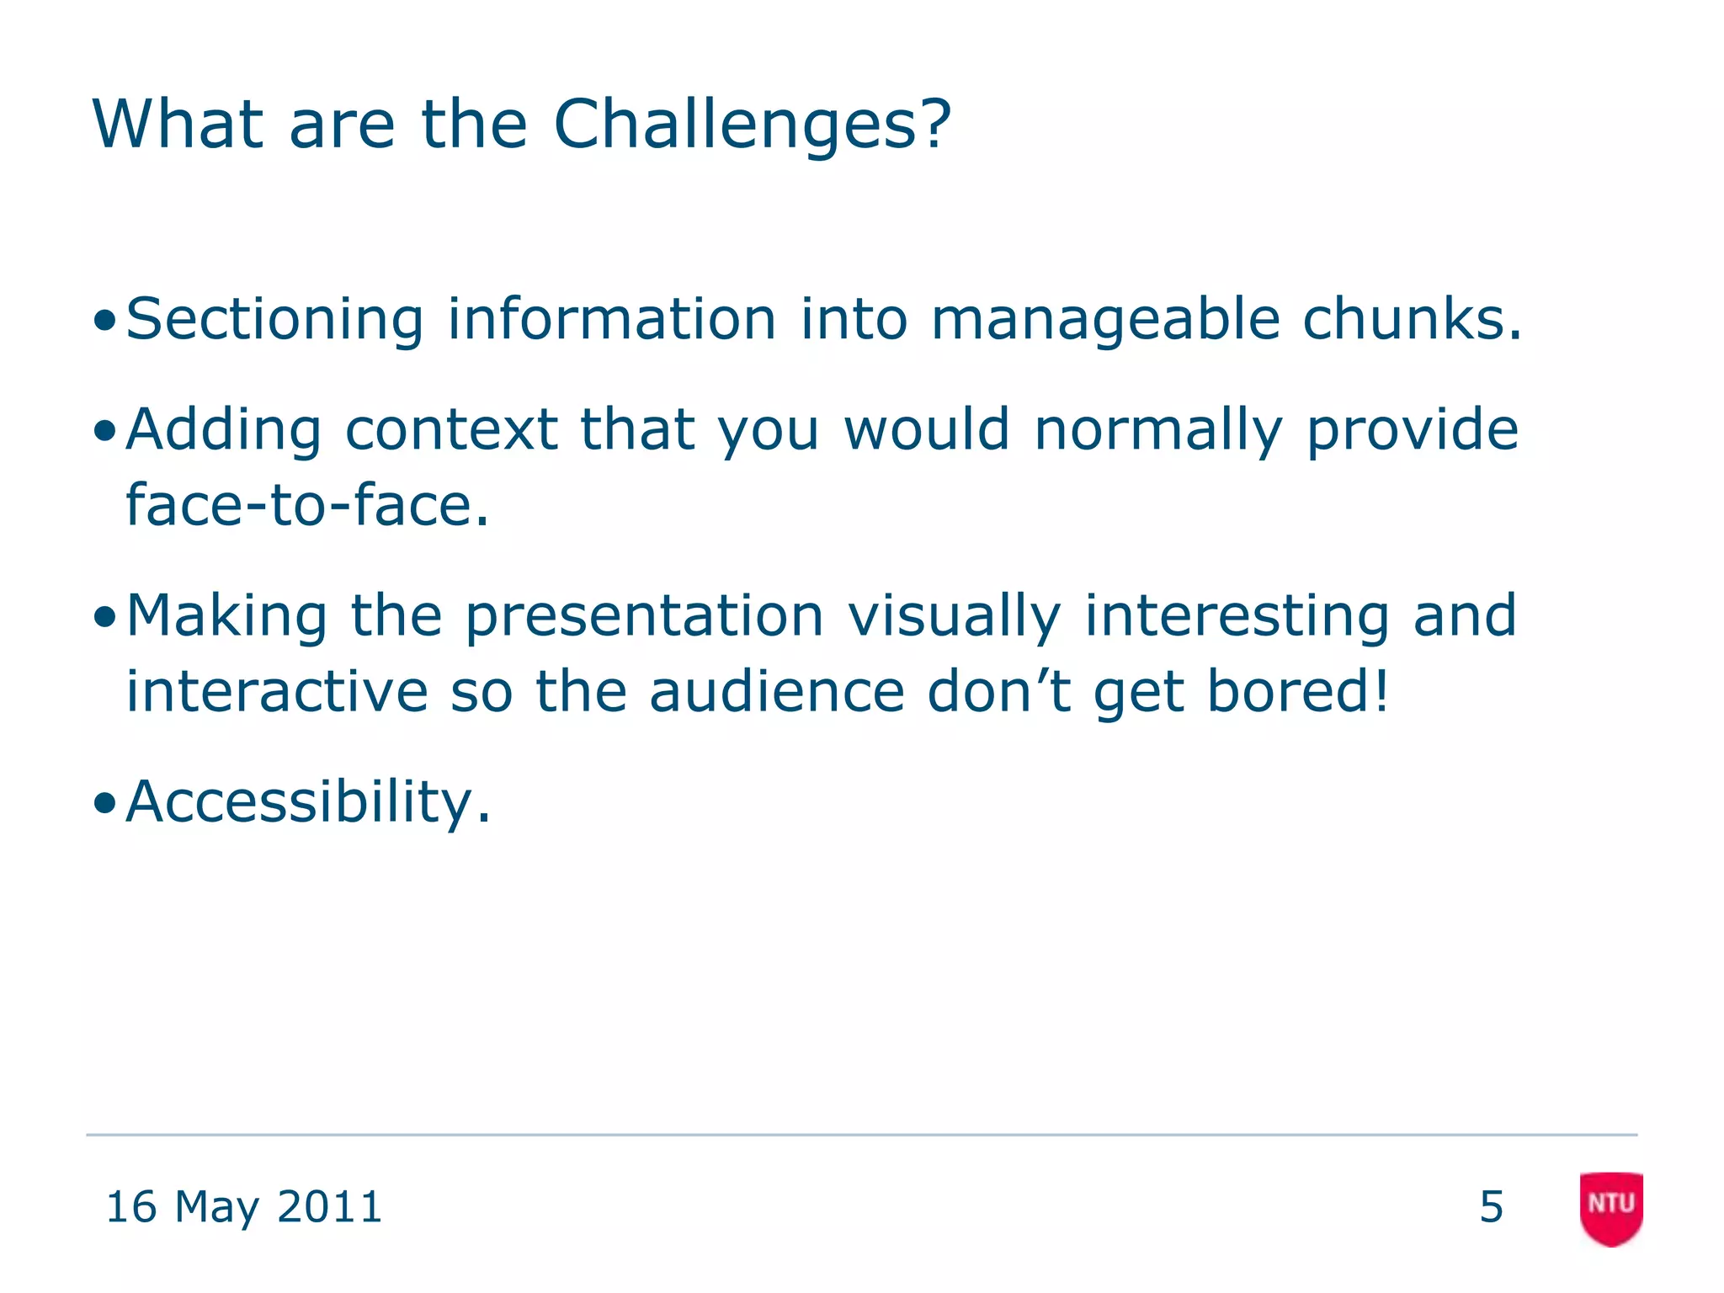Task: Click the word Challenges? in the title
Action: tap(752, 125)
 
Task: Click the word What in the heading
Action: tap(178, 125)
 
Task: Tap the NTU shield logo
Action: tap(1610, 1207)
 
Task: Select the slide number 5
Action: tap(1491, 1207)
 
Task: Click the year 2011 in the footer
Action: tap(329, 1207)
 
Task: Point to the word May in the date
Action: tap(216, 1207)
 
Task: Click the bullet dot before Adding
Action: tap(104, 432)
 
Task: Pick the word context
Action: tap(452, 430)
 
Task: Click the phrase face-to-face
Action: tap(306, 506)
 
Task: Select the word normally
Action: tap(1157, 430)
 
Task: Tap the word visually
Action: tap(954, 616)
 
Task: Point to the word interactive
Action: tap(277, 692)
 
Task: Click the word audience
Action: tap(776, 692)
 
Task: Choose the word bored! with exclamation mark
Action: tap(1296, 692)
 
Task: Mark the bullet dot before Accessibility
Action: tap(104, 804)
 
